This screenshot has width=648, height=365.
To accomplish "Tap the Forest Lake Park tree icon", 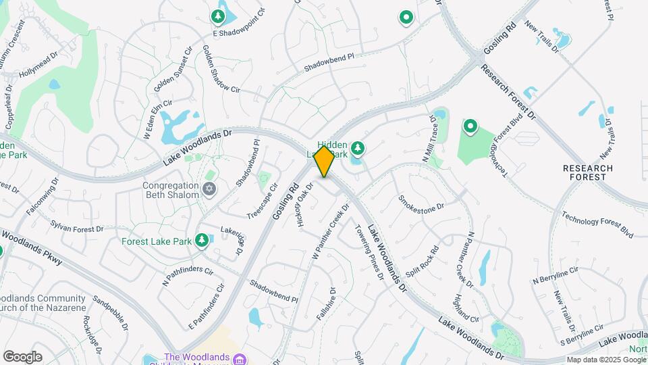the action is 201,241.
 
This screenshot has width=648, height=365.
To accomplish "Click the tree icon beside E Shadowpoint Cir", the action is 217,16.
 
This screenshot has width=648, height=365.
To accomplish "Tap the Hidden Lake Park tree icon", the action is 357,148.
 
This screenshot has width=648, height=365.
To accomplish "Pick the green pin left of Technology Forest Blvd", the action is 469,126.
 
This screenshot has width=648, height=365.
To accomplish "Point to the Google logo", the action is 22,357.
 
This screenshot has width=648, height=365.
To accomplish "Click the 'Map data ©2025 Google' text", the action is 606,360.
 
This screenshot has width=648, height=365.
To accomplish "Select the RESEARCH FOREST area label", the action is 587,172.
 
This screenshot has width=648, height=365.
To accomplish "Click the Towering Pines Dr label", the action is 369,251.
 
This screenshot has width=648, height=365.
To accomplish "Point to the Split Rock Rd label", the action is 423,260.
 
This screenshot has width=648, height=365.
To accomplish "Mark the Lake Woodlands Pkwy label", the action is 32,247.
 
